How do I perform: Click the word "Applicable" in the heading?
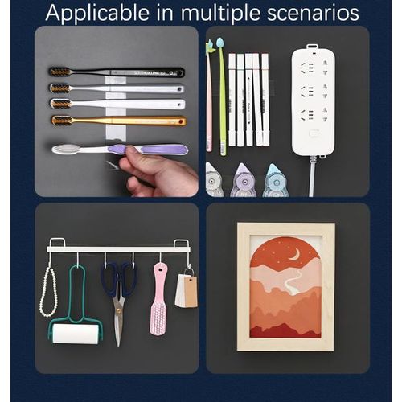pyautogui.click(x=97, y=13)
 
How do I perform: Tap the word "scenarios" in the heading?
pyautogui.click(x=313, y=13)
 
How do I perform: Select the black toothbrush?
pyautogui.click(x=117, y=72)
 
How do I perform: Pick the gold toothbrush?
pyautogui.click(x=119, y=121)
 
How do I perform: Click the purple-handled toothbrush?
pyautogui.click(x=120, y=150)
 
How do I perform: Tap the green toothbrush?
pyautogui.click(x=222, y=96)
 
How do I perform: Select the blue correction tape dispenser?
pyautogui.click(x=274, y=181)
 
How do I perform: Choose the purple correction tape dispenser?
pyautogui.click(x=243, y=180)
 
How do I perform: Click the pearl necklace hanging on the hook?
pyautogui.click(x=48, y=292)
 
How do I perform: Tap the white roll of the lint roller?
pyautogui.click(x=76, y=334)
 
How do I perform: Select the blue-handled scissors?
pyautogui.click(x=119, y=300)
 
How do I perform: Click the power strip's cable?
pyautogui.click(x=312, y=176)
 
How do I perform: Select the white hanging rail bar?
pyautogui.click(x=119, y=249)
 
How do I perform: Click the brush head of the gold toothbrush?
pyautogui.click(x=62, y=121)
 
